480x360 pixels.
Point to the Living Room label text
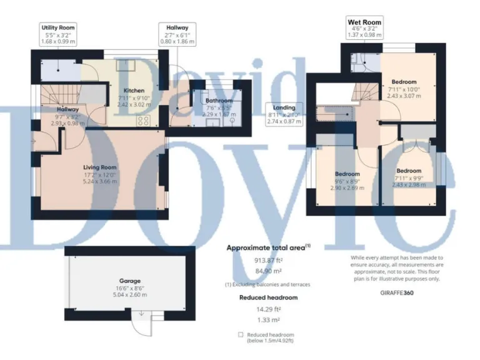101,167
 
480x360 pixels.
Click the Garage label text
130,281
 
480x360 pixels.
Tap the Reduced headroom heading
268,297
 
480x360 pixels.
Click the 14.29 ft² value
268,309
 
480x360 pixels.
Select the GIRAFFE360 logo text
397,292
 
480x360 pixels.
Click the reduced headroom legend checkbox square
241,335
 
